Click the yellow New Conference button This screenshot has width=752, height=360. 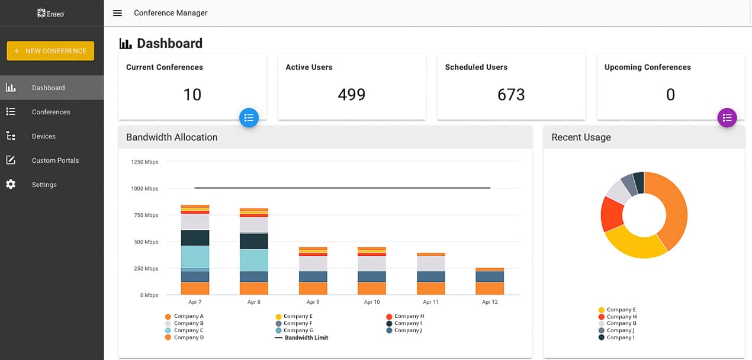click(x=50, y=51)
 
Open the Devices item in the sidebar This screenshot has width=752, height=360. click(x=43, y=136)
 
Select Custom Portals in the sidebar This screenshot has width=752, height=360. click(x=54, y=160)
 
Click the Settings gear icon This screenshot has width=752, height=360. click(x=11, y=185)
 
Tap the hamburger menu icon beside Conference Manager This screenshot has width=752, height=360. click(x=117, y=13)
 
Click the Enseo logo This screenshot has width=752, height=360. click(x=50, y=13)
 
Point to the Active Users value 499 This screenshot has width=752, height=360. click(x=351, y=95)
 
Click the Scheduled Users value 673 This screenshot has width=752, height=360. click(x=510, y=95)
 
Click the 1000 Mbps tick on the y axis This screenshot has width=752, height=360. click(x=144, y=188)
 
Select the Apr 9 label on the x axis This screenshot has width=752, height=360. click(x=313, y=302)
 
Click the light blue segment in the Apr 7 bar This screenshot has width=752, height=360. click(x=195, y=256)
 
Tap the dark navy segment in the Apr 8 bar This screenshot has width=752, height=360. click(x=253, y=241)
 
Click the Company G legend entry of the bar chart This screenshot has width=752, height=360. click(x=298, y=330)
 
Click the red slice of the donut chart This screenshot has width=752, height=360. click(x=611, y=214)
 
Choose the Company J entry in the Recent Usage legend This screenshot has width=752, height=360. click(x=619, y=330)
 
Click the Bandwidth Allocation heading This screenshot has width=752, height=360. click(x=172, y=137)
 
